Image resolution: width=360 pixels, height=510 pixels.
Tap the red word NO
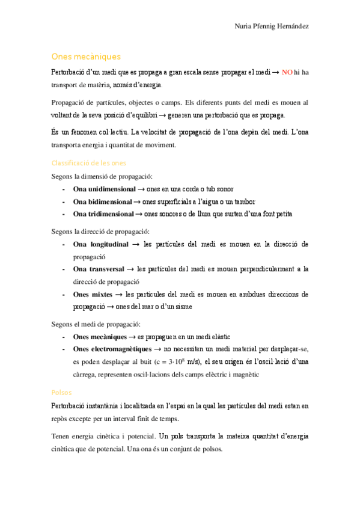click(287, 72)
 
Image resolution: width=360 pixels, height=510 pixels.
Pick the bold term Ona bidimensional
click(101, 201)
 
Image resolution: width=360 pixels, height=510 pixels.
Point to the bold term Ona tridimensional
click(103, 214)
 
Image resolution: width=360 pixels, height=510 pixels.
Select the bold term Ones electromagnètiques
click(111, 349)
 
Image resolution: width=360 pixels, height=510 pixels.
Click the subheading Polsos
click(61, 392)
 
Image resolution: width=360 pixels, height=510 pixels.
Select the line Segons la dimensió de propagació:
click(102, 176)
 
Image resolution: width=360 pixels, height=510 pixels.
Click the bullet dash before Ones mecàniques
click(63, 337)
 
